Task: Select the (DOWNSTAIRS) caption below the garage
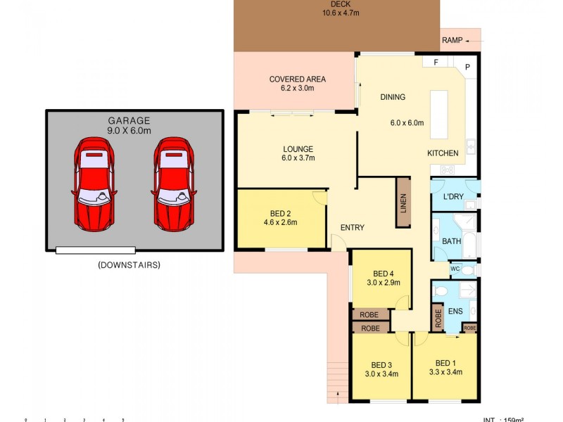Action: click(129, 265)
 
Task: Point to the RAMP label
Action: click(452, 40)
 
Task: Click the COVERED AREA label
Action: click(297, 79)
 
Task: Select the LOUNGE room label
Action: click(298, 149)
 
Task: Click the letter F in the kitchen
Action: click(436, 63)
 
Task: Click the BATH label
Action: click(451, 241)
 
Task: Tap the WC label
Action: click(455, 269)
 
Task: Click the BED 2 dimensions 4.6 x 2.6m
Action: click(280, 222)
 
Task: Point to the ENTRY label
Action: click(352, 228)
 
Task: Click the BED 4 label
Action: click(383, 274)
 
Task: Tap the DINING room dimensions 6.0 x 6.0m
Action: click(407, 122)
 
